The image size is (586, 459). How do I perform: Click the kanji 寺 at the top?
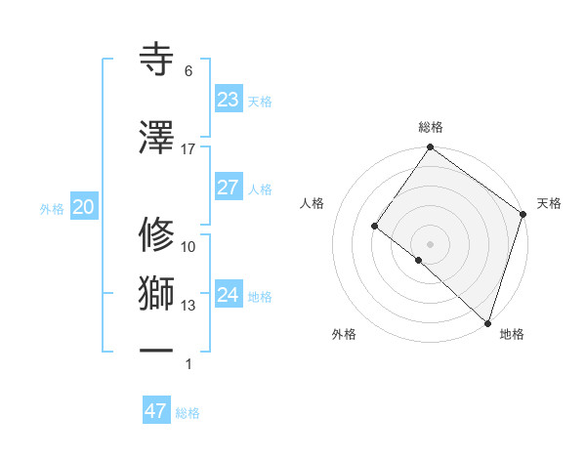coord(157,58)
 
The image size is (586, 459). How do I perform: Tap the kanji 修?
coord(157,233)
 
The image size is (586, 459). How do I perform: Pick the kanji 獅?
coord(157,293)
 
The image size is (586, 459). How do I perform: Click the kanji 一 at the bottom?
coord(157,350)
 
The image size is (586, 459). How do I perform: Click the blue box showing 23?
coord(229,100)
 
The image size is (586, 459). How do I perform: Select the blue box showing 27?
coord(229,188)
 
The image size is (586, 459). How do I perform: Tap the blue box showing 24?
coord(229,295)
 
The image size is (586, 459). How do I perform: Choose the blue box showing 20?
coord(83,207)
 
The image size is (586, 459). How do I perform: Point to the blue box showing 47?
coord(156,411)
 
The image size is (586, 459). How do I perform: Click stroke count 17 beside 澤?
coord(188,149)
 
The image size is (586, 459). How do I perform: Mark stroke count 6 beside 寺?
coord(188,71)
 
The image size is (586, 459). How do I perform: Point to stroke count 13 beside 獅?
coord(188,306)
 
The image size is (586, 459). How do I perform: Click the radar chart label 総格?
coord(431,127)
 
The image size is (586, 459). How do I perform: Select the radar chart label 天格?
coord(549,203)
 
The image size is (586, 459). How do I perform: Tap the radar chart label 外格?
coord(344,335)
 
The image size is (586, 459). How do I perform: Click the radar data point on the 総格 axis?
coord(430,148)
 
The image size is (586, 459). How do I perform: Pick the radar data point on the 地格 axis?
coord(487,322)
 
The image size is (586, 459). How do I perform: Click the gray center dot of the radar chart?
coord(430,243)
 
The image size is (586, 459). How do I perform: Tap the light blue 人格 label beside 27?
coord(260,188)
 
